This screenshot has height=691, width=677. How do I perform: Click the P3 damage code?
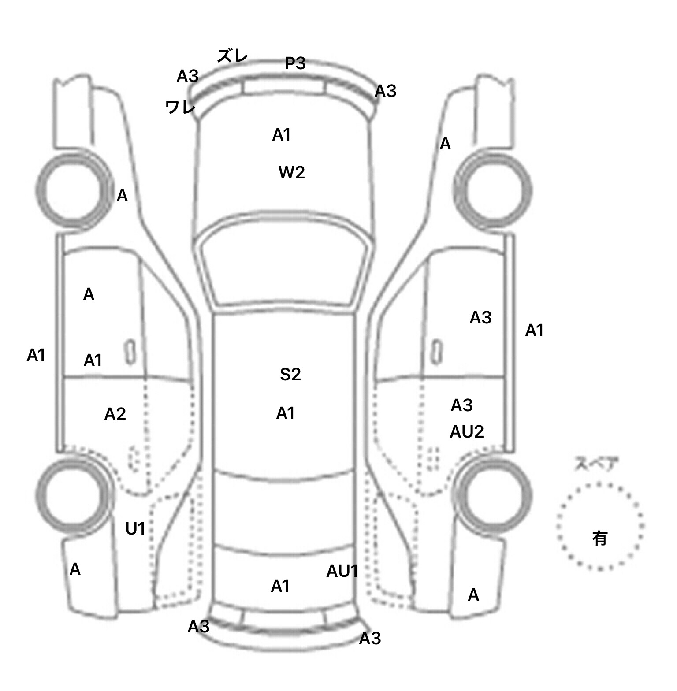tap(295, 63)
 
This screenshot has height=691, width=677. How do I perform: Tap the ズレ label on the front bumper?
tap(233, 56)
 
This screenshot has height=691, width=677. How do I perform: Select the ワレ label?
tap(180, 107)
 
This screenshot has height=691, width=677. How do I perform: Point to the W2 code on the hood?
tap(291, 172)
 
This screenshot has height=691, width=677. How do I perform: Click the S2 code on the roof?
tap(290, 374)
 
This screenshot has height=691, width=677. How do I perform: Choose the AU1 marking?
tap(342, 571)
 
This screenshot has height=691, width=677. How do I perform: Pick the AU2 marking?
tap(467, 432)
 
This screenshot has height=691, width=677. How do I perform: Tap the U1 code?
tap(135, 528)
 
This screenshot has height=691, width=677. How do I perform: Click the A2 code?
tap(115, 414)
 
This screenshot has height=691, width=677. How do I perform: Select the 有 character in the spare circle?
tap(599, 538)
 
